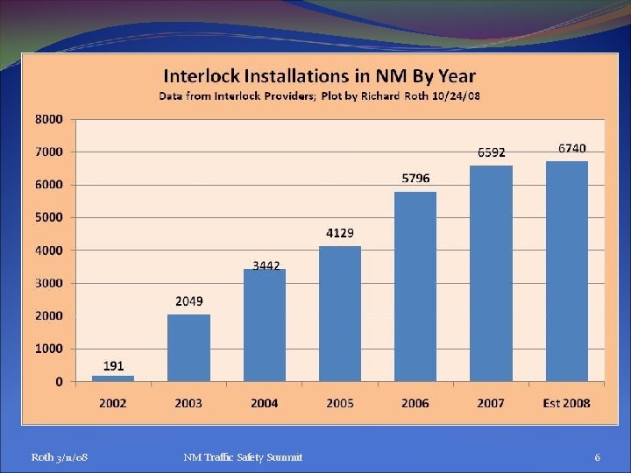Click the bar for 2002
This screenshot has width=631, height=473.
[x=113, y=378]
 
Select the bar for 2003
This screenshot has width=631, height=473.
[x=188, y=348]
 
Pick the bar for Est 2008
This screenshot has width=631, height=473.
[x=567, y=271]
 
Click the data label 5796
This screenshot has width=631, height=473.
[x=415, y=179]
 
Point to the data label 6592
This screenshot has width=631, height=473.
[x=491, y=152]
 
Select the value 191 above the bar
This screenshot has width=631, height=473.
[x=113, y=365]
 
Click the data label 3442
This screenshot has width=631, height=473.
[x=266, y=265]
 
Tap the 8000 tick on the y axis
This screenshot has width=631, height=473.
[x=49, y=118]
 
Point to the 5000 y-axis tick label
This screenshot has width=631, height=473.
[x=49, y=217]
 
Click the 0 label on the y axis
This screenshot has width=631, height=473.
[x=59, y=382]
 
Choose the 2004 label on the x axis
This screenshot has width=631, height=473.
[x=264, y=403]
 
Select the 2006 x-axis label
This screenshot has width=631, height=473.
[x=415, y=403]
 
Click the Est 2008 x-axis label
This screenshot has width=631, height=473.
[x=566, y=403]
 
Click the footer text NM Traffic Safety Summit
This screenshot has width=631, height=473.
[x=243, y=457]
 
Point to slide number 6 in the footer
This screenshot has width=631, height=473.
[x=597, y=457]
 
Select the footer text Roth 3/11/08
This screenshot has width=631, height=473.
[x=59, y=457]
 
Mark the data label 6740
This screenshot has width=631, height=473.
[x=572, y=149]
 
